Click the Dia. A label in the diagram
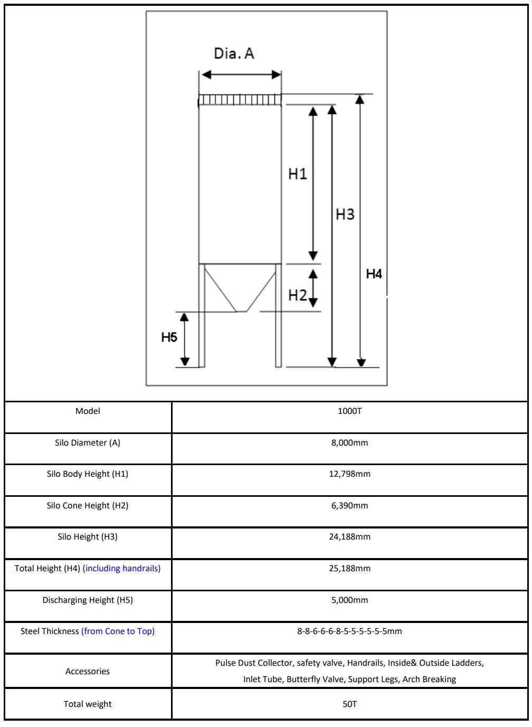[234, 53]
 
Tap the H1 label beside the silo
[297, 174]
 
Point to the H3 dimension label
[345, 214]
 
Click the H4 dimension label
[374, 273]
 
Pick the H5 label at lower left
[169, 337]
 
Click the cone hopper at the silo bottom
[240, 288]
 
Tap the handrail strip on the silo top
[240, 99]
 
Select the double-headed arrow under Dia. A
[241, 74]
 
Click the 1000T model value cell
[349, 411]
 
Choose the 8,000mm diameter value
[349, 443]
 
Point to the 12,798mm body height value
[349, 474]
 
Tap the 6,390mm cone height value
[349, 506]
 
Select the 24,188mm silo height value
[349, 537]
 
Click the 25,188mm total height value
[349, 569]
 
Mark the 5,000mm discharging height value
[349, 600]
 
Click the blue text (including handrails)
[121, 569]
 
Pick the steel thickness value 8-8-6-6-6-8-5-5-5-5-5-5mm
[349, 631]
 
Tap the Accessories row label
[88, 672]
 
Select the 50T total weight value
[349, 704]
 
